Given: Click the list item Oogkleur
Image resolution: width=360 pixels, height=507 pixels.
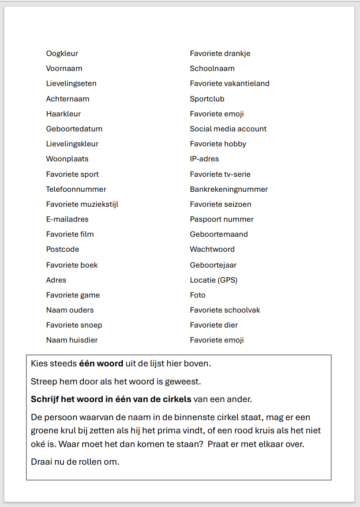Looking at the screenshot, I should [x=62, y=53].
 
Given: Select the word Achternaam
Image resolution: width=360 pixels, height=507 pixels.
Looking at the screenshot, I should [x=67, y=99].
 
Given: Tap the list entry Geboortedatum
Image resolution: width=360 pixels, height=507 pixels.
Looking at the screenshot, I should [x=74, y=129].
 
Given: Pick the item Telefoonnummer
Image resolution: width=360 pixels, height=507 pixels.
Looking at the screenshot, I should [x=76, y=189].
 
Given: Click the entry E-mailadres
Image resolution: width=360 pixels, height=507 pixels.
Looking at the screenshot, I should [x=67, y=219].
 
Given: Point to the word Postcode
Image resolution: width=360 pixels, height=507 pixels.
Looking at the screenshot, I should [x=62, y=249].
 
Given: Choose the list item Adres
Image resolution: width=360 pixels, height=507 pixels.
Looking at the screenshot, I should [x=56, y=280].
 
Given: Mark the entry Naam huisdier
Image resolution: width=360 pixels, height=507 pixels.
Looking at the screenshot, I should [x=72, y=340].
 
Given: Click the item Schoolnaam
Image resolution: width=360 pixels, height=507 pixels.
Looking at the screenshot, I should [x=212, y=68].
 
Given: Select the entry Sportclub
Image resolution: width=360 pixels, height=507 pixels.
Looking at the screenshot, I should [x=207, y=99].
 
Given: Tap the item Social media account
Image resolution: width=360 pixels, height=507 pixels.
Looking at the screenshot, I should [x=228, y=129].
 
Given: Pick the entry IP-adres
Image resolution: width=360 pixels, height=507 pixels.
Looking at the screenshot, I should [x=204, y=159].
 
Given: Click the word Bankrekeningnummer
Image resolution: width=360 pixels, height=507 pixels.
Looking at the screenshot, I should [x=229, y=189].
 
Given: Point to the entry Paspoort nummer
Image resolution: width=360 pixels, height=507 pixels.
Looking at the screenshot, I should [x=221, y=219].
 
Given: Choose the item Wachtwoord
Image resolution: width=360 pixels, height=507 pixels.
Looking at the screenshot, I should [x=212, y=249].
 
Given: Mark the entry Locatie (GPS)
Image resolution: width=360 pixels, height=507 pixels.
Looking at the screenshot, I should [x=214, y=280].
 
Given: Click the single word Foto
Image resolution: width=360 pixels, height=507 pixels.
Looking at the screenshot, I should [x=198, y=295].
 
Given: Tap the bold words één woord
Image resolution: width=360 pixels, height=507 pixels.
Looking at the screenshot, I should [x=101, y=364].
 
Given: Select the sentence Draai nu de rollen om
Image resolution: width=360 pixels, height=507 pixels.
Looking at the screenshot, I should [x=75, y=462].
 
